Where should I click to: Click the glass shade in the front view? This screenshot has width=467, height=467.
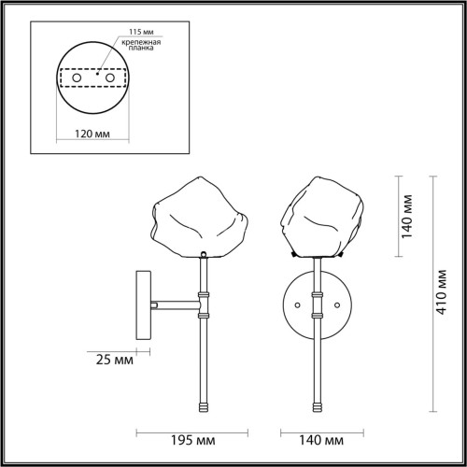[320, 217]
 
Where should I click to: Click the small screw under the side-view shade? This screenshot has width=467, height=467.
[203, 254]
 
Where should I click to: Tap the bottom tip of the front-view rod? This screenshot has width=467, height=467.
[318, 409]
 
